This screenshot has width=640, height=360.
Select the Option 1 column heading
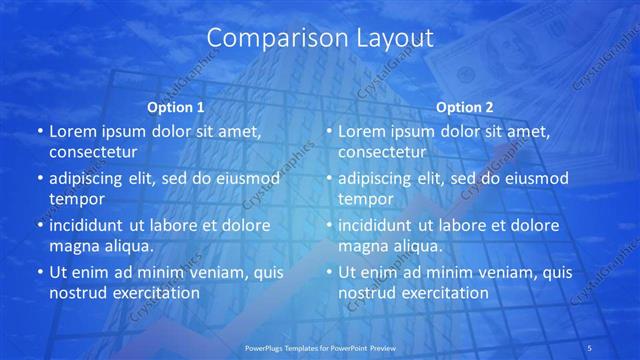point(176,106)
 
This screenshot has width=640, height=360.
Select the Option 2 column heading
point(465,106)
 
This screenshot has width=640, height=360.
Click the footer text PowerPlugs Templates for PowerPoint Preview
point(319,347)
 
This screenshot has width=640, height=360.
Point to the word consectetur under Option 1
point(93,152)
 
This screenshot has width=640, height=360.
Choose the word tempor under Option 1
point(77,199)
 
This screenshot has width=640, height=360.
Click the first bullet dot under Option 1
point(39,131)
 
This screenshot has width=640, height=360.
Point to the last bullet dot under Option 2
point(328,271)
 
